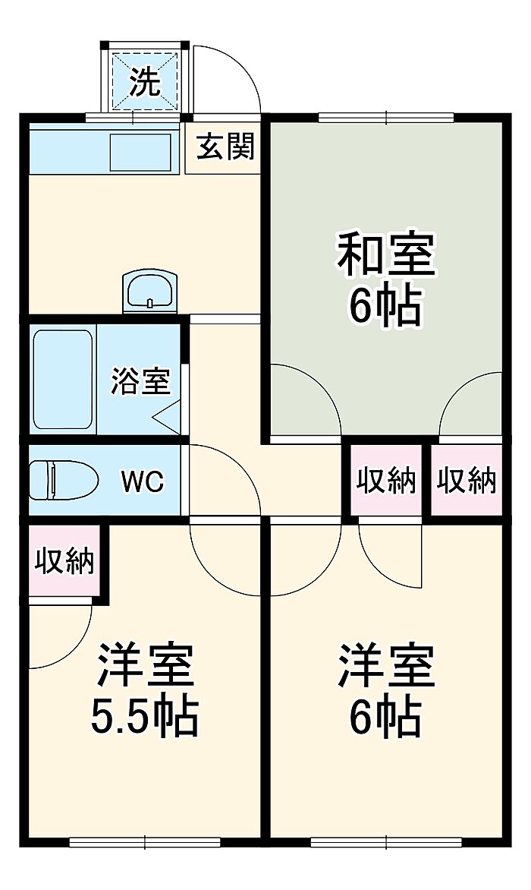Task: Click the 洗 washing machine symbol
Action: tap(145, 80)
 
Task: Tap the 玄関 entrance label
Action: tap(225, 147)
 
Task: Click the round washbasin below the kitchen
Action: tap(149, 292)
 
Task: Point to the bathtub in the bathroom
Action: tap(63, 377)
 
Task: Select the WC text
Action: tap(143, 481)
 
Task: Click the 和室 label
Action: tap(387, 255)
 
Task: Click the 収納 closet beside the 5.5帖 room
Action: tap(64, 561)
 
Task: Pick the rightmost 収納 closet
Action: tap(467, 480)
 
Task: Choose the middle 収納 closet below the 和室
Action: tap(386, 480)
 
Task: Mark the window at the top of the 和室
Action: tap(386, 116)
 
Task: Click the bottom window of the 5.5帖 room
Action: tap(144, 841)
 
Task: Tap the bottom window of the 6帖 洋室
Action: tap(386, 841)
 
